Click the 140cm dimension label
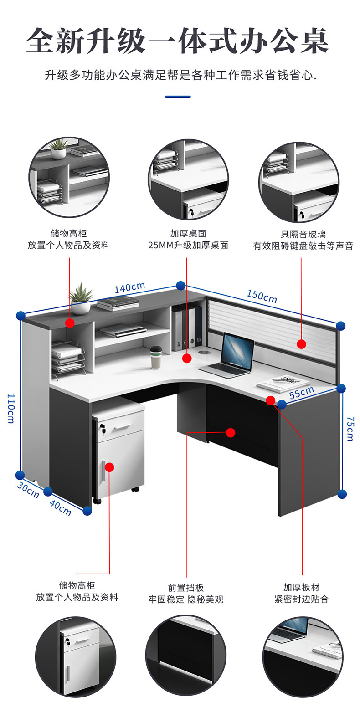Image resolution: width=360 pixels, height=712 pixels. pos(129,288)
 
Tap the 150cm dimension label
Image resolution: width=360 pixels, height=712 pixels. pos(262,296)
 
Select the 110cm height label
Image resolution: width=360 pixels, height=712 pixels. pos(10,408)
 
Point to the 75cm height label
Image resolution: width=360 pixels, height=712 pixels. pos(350,428)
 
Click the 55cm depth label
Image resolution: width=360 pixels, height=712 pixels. pos(301,393)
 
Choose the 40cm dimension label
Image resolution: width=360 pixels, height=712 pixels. pos(60,508)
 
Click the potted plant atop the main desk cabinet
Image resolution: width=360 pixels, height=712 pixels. pos(81,299)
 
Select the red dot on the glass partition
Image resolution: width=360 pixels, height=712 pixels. pos(301,344)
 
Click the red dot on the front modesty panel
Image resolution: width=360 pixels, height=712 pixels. pos(231,432)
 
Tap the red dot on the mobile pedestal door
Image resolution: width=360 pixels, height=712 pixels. pos(109,467)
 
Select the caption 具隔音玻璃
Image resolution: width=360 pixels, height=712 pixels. pos(303,234)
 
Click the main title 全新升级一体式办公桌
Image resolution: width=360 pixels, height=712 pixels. pos(178,42)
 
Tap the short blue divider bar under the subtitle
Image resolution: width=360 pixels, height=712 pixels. pos(178,97)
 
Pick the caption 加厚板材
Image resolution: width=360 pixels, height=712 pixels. pos(301,587)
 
